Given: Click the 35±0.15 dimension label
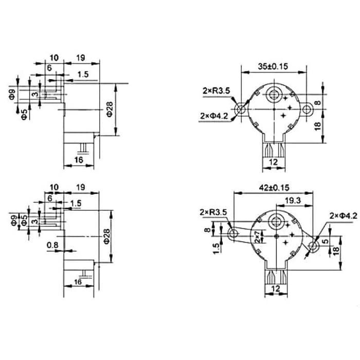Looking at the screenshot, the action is point(273,66).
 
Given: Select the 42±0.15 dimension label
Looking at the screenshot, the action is point(274,188).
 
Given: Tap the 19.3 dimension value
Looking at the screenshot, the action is point(293,201).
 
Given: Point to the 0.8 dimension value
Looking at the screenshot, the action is point(52,245).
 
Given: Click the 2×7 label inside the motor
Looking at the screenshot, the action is point(258,237).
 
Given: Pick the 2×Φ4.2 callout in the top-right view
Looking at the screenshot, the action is point(214,116).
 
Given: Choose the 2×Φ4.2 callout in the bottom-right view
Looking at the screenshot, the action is point(344,216).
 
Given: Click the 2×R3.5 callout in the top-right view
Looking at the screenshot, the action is point(216,91).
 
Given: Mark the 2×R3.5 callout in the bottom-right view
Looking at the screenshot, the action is point(213,212).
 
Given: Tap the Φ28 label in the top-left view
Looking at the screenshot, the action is point(110,109).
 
